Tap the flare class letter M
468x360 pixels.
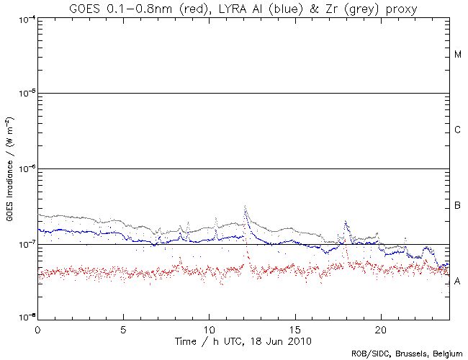pyautogui.click(x=458, y=55)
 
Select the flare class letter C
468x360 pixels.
pyautogui.click(x=458, y=130)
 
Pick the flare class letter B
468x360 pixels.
pyautogui.click(x=458, y=206)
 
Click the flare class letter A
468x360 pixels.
pyautogui.click(x=458, y=282)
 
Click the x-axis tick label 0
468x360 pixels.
pyautogui.click(x=37, y=328)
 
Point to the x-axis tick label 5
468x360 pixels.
pyautogui.click(x=123, y=328)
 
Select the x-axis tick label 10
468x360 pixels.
pyautogui.click(x=209, y=328)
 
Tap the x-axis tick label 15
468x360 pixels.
pyautogui.click(x=294, y=328)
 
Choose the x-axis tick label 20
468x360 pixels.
pyautogui.click(x=380, y=328)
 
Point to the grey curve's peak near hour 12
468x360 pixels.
pyautogui.click(x=246, y=206)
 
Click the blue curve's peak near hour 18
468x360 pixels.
pyautogui.click(x=346, y=223)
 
